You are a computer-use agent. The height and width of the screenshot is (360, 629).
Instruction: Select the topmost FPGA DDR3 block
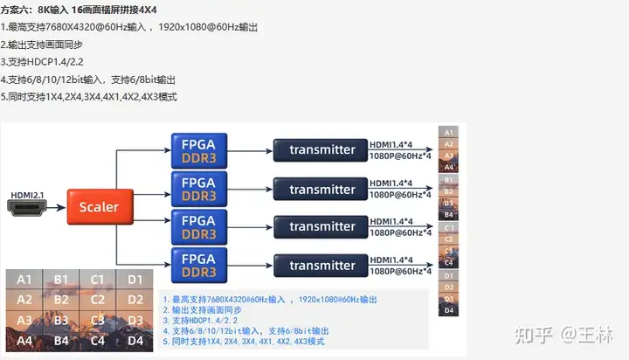pyautogui.click(x=198, y=149)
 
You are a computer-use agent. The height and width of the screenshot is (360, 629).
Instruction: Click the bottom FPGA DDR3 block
pyautogui.click(x=198, y=266)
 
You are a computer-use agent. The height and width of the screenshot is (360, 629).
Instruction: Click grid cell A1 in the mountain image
pyautogui.click(x=25, y=280)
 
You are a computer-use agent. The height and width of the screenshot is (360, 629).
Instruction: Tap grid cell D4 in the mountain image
pyautogui.click(x=134, y=341)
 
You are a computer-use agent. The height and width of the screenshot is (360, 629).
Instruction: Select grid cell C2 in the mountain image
pyautogui.click(x=98, y=300)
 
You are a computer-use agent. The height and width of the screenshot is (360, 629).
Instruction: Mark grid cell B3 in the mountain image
pyautogui.click(x=61, y=321)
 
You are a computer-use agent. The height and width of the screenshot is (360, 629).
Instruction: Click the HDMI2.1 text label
pyautogui.click(x=28, y=194)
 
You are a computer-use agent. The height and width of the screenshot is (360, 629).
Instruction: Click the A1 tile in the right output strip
pyautogui.click(x=448, y=132)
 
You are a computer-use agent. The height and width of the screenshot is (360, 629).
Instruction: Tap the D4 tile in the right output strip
pyautogui.click(x=448, y=310)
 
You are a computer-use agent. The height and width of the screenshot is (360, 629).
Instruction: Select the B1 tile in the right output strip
pyautogui.click(x=448, y=179)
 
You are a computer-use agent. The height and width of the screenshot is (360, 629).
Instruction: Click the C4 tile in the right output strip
pyautogui.click(x=448, y=262)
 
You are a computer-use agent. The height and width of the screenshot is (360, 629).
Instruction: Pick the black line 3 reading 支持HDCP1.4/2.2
pyautogui.click(x=45, y=61)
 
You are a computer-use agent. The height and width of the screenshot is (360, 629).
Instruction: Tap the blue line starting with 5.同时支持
pyautogui.click(x=244, y=341)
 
